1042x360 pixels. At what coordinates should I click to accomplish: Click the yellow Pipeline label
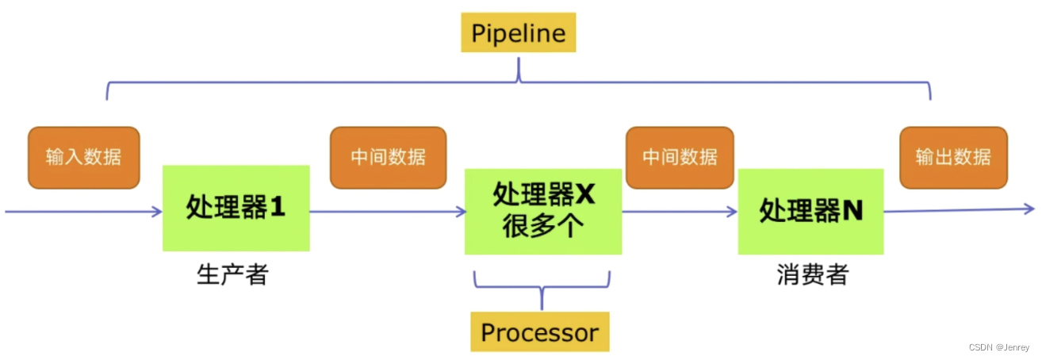(519, 33)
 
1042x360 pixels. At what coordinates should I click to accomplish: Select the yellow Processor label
(539, 331)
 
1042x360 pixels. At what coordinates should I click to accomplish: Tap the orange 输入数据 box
(83, 157)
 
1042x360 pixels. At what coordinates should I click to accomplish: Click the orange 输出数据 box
(953, 157)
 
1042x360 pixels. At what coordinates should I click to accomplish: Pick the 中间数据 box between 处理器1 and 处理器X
(388, 157)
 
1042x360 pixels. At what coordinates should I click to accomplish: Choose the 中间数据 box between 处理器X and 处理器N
(680, 157)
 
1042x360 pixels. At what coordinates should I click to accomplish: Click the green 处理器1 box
(236, 208)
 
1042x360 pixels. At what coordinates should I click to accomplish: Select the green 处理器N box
(810, 211)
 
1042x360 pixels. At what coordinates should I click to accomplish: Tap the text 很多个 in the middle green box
(543, 227)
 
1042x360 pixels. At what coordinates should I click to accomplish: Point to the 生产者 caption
(232, 275)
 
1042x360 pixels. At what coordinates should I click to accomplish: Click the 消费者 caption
(812, 275)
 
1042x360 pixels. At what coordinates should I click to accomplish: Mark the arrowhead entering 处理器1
(156, 212)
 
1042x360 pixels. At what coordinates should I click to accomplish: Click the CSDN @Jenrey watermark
(1000, 347)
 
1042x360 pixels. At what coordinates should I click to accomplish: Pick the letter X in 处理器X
(584, 194)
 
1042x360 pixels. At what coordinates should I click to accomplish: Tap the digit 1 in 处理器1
(277, 208)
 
